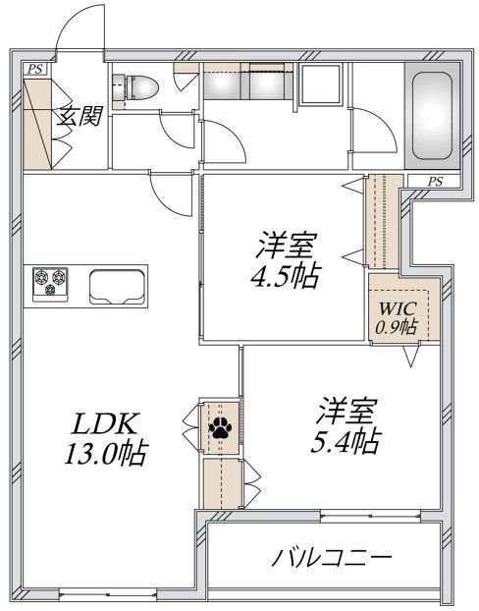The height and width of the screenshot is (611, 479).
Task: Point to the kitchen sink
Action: [116, 285]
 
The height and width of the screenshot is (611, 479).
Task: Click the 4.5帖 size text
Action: [285, 275]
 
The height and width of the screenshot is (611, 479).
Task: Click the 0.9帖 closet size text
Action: [397, 326]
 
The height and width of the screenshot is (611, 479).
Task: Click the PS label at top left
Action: [35, 68]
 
